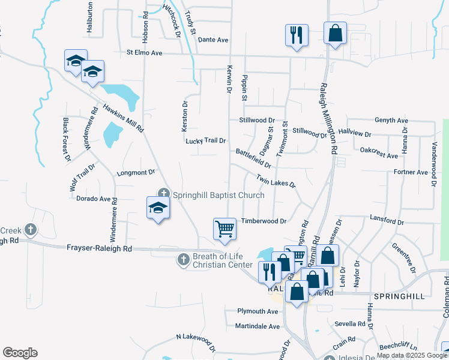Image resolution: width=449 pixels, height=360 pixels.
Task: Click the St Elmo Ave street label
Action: click(145, 53)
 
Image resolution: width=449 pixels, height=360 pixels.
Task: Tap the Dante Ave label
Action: click(213, 40)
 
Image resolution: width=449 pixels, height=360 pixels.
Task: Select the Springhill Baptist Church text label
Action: click(218, 195)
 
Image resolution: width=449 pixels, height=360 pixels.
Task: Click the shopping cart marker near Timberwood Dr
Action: click(224, 229)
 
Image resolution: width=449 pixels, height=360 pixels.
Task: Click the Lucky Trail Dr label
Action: click(205, 141)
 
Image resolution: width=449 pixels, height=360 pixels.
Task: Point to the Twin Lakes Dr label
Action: click(276, 180)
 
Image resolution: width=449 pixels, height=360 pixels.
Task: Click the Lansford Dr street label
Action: click(387, 220)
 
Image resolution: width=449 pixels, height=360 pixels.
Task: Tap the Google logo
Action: click(20, 353)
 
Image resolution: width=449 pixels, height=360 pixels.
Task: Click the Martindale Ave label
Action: click(258, 326)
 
